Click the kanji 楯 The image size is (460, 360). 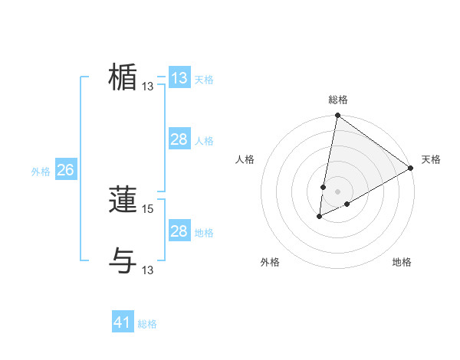pos(123,77)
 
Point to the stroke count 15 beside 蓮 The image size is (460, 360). pos(148,208)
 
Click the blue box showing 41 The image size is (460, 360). pos(123,322)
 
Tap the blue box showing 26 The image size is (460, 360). pos(65,170)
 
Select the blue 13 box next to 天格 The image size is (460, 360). pos(179,78)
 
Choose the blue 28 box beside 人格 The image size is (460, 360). pos(179,139)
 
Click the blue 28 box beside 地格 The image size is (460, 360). pos(179,231)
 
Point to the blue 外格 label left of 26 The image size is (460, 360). pos(41,172)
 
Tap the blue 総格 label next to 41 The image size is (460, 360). pos(147,324)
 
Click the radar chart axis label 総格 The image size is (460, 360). pos(337,100)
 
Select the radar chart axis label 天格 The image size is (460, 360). pos(431,159)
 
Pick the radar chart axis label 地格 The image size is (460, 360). pos(402,262)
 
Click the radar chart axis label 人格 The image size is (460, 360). pos(245,159)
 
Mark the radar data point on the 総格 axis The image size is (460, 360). pos(337,116)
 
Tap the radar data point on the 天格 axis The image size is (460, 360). pos(411,168)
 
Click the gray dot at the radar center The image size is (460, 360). pos(337,191)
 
